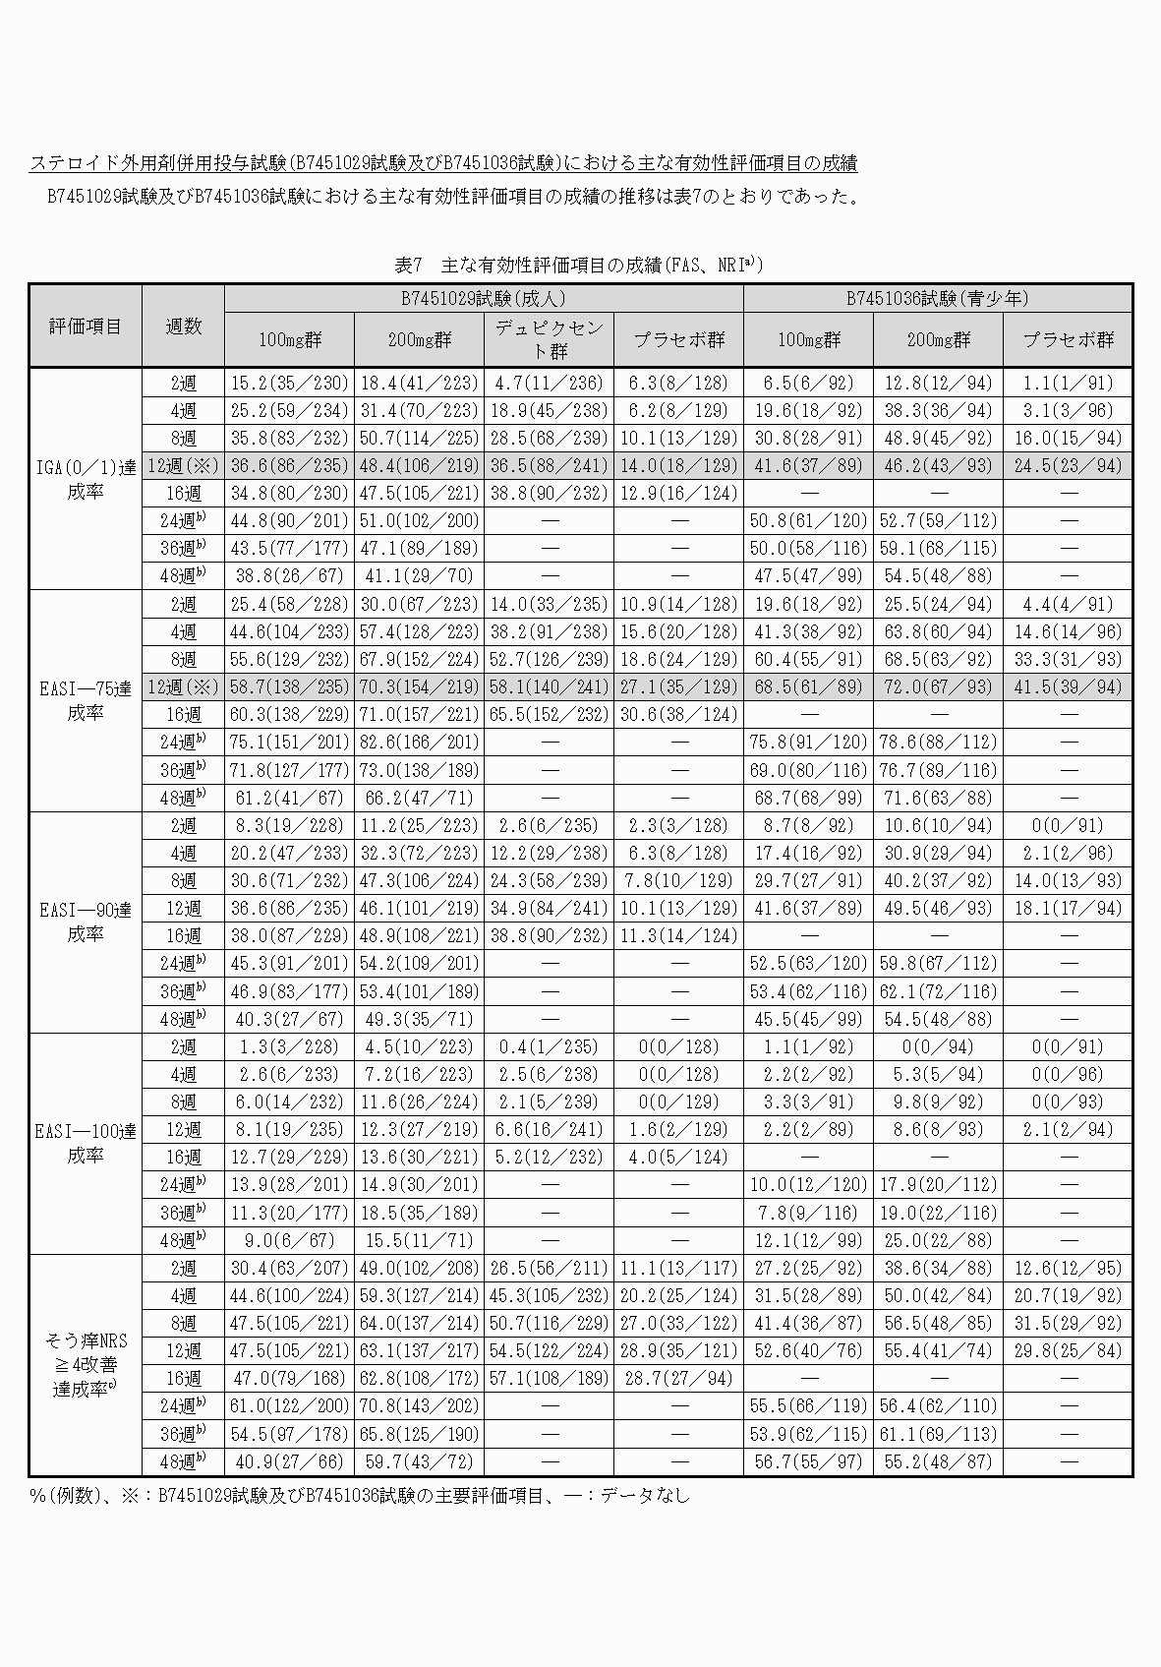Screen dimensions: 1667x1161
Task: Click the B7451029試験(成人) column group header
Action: click(x=483, y=298)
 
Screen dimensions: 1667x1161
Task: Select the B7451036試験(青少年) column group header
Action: click(x=937, y=298)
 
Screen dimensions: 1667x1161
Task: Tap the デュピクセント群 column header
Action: click(x=549, y=339)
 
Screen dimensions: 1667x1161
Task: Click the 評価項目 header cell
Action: click(x=86, y=326)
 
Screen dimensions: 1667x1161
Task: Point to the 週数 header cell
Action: click(x=183, y=326)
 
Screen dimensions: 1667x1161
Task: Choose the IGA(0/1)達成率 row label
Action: click(x=86, y=478)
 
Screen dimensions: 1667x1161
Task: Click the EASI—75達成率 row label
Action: click(x=86, y=700)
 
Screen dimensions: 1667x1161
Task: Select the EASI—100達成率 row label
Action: click(x=86, y=1143)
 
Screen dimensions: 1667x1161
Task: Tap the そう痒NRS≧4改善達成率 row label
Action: click(x=86, y=1364)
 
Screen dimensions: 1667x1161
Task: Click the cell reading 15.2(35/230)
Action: click(x=289, y=383)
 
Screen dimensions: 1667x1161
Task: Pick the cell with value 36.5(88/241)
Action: click(x=549, y=465)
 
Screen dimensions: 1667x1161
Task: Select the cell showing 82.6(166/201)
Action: click(x=419, y=742)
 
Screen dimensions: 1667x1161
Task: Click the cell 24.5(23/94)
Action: click(x=1068, y=465)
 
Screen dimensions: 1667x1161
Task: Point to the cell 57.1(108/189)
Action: click(x=549, y=1378)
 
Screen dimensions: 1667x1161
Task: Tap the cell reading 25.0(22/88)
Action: click(x=937, y=1240)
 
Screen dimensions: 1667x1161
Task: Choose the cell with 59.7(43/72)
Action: click(x=419, y=1461)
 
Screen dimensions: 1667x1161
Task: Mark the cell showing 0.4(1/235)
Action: click(x=549, y=1046)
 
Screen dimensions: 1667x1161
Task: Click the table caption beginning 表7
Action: click(x=579, y=265)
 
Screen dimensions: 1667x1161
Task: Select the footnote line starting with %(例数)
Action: click(x=360, y=1496)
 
